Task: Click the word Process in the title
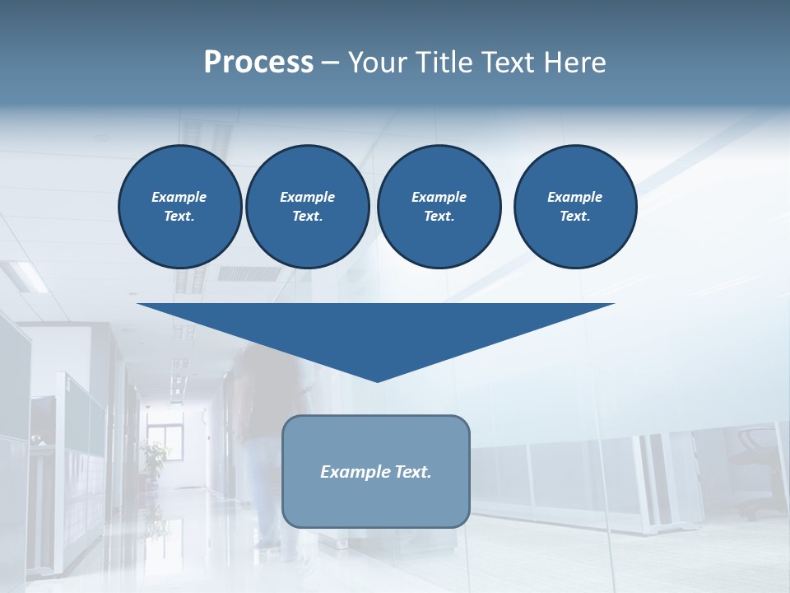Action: (x=258, y=63)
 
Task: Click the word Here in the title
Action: (x=574, y=63)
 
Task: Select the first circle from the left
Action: (x=179, y=206)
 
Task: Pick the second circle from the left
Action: (x=307, y=206)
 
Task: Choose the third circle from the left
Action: (x=439, y=206)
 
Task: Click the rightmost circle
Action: (x=574, y=206)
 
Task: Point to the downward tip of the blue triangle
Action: (x=377, y=381)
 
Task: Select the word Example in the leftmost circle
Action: (x=179, y=197)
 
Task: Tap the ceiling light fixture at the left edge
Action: (x=25, y=276)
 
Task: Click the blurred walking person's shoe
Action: (x=265, y=544)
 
